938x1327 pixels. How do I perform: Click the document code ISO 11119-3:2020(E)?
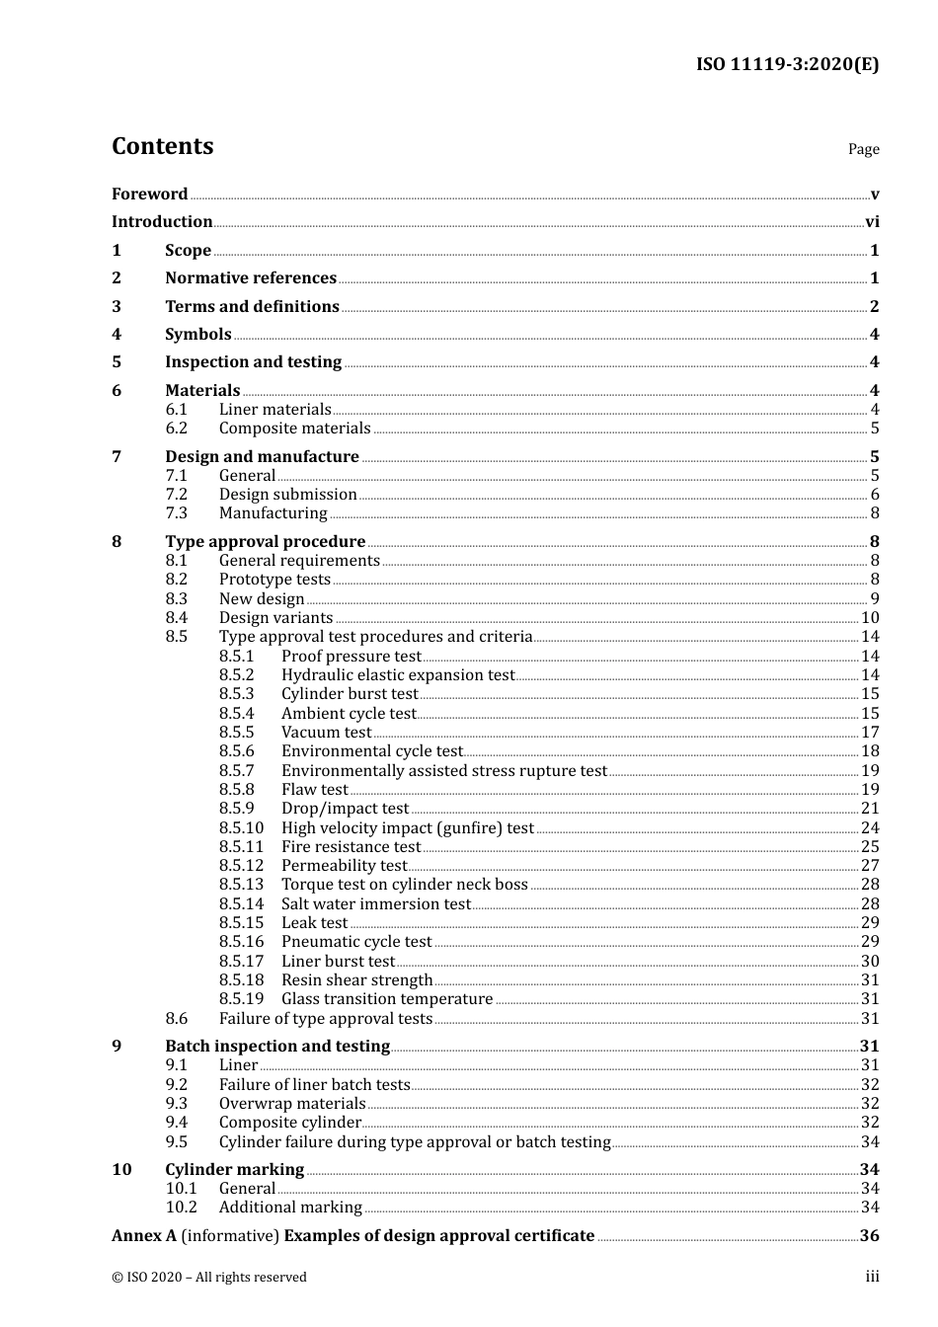(787, 65)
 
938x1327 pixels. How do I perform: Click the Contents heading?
(162, 146)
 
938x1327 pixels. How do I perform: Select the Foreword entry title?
(149, 195)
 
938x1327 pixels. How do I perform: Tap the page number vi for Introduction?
(872, 222)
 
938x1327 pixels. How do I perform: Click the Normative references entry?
(251, 278)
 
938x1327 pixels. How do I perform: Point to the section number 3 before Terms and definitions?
(117, 307)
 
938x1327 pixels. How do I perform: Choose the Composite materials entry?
(294, 429)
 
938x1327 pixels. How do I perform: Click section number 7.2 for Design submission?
(177, 495)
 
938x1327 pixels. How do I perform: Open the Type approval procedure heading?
(265, 542)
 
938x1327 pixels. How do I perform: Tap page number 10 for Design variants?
(870, 618)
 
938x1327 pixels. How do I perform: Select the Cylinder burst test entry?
(350, 694)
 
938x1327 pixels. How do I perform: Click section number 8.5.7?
(236, 771)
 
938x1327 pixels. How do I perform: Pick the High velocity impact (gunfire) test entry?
(407, 828)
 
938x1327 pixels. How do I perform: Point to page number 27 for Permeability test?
(870, 866)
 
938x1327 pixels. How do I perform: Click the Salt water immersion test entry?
(375, 904)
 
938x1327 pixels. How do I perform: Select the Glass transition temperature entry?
(387, 999)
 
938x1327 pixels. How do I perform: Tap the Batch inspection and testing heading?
(277, 1047)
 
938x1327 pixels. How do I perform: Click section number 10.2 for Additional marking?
(182, 1208)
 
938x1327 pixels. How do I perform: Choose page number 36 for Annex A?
(869, 1236)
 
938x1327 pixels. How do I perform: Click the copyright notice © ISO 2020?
(209, 1278)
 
